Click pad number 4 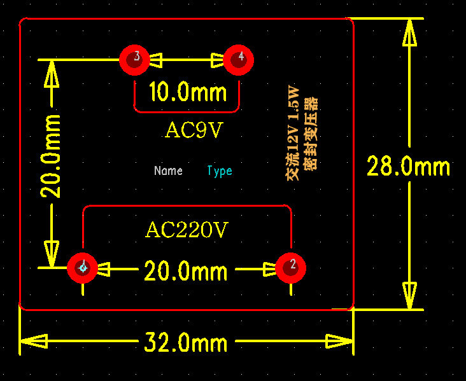(x=239, y=59)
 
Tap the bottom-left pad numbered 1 (x=83, y=268)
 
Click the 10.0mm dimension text (x=187, y=93)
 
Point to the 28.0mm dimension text (x=408, y=167)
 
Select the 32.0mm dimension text (x=185, y=343)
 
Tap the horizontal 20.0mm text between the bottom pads (x=185, y=272)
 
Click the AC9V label (x=194, y=130)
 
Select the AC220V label (x=187, y=230)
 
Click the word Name (x=168, y=170)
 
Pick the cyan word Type (x=220, y=170)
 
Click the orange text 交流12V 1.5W (x=293, y=132)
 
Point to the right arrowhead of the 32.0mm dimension (x=339, y=342)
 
